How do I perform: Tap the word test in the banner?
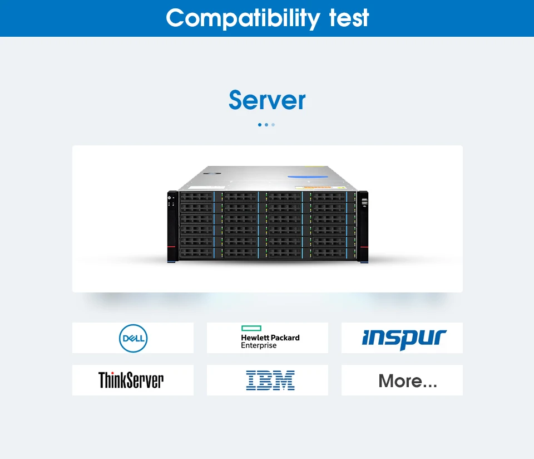pyautogui.click(x=349, y=18)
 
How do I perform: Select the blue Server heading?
pyautogui.click(x=267, y=100)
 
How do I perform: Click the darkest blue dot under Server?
pyautogui.click(x=260, y=125)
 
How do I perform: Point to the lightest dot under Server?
pyautogui.click(x=273, y=125)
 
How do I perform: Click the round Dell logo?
pyautogui.click(x=133, y=338)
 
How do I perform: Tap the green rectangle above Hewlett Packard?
pyautogui.click(x=251, y=329)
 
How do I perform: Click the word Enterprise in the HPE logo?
pyautogui.click(x=259, y=346)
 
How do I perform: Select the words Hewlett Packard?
pyautogui.click(x=270, y=338)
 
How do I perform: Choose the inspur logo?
pyautogui.click(x=404, y=338)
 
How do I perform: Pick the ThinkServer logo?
pyautogui.click(x=131, y=380)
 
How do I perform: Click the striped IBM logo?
pyautogui.click(x=270, y=380)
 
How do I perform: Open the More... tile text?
pyautogui.click(x=408, y=381)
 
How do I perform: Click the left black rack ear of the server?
pyautogui.click(x=172, y=226)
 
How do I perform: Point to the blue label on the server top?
pyautogui.click(x=308, y=178)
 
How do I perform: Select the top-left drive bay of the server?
pyautogui.click(x=196, y=197)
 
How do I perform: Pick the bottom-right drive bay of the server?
pyautogui.click(x=329, y=253)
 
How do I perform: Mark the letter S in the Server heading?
pyautogui.click(x=237, y=101)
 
